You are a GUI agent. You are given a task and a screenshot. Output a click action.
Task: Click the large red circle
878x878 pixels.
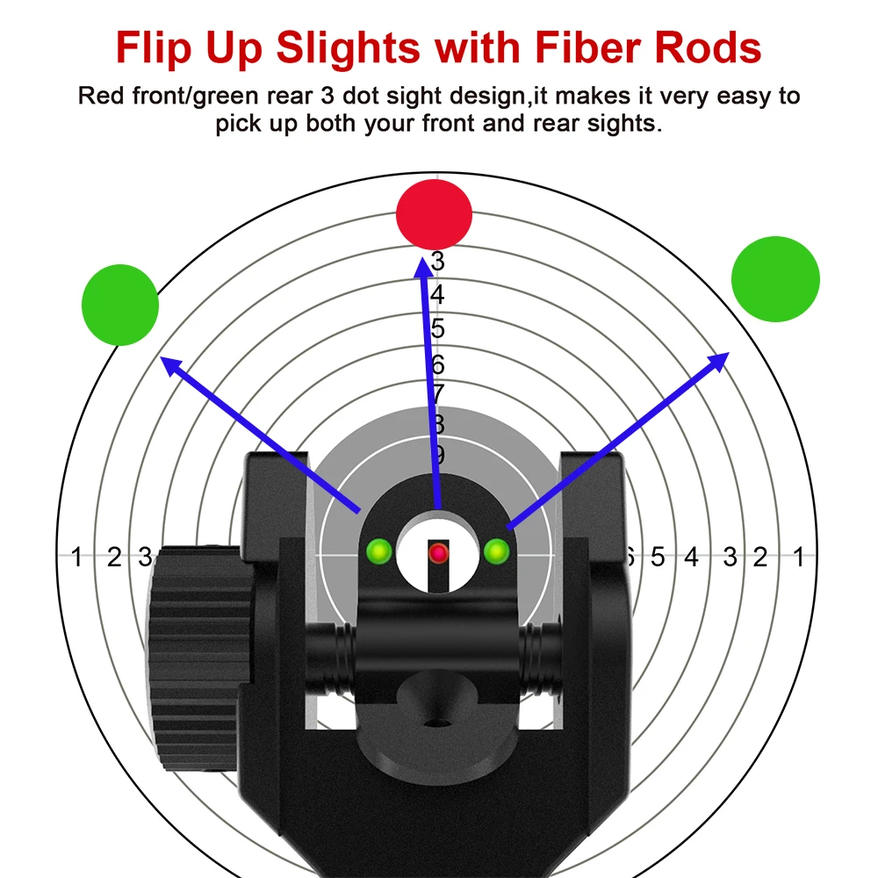click(434, 213)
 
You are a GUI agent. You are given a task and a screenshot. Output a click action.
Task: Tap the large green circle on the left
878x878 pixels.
click(120, 305)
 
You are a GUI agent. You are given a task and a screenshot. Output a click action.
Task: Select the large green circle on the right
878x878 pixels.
click(775, 280)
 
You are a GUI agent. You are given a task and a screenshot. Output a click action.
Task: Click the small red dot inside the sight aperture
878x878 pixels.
click(438, 552)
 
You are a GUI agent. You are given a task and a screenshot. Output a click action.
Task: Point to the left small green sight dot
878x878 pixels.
click(379, 551)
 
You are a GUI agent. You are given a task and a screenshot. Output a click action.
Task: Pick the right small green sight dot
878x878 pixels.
click(496, 551)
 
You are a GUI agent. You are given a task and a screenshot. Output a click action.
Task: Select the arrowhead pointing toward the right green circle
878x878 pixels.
click(719, 359)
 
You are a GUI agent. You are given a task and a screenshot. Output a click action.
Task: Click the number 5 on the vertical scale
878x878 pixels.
click(437, 329)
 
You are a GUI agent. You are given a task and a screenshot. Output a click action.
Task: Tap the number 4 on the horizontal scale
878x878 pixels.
click(692, 557)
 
